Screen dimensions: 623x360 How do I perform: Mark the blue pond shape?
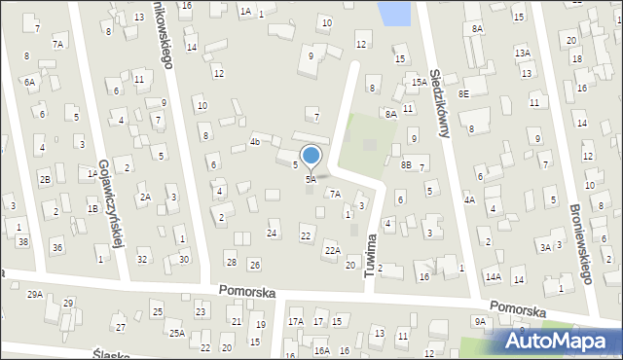point(394,13)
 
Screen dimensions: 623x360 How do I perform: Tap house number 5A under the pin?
point(311,179)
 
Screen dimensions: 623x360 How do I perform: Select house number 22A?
point(332,250)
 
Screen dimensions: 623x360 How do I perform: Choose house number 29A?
point(35,294)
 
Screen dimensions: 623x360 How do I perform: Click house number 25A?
point(177,333)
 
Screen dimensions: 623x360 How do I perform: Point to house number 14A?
point(494,277)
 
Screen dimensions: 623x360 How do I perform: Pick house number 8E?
point(464,93)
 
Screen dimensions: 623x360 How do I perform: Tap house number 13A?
point(523,53)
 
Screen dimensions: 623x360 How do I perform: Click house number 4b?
point(255,141)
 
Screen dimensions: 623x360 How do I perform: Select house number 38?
point(22,240)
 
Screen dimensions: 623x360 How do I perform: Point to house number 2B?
point(45,179)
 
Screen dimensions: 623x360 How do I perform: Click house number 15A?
point(419,83)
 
